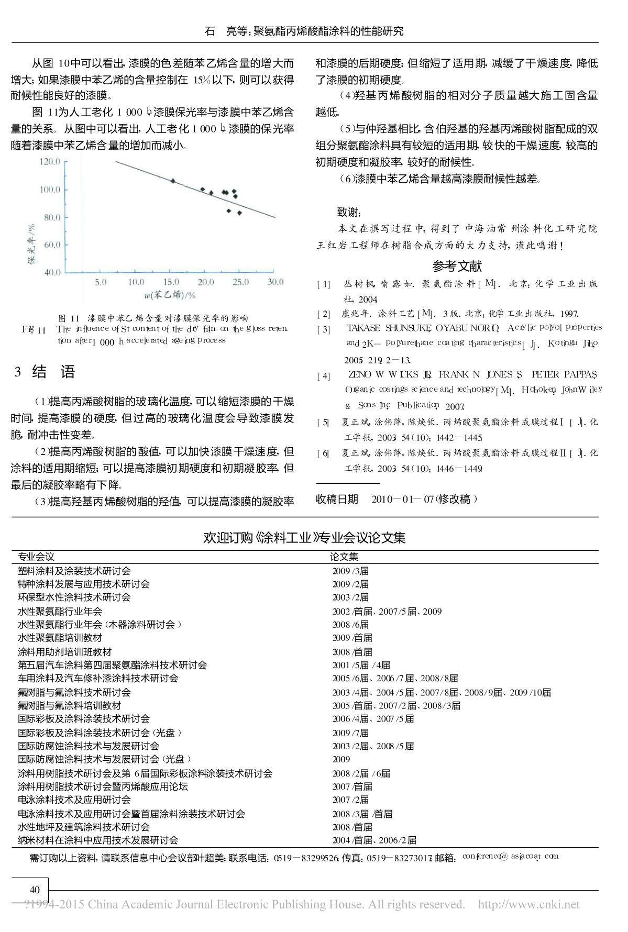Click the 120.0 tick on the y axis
[50, 162]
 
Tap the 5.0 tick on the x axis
[101, 283]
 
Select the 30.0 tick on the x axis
[275, 283]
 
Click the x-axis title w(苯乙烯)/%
[170, 295]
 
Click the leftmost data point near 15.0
[173, 181]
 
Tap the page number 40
[35, 890]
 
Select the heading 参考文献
[457, 267]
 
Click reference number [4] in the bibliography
[323, 376]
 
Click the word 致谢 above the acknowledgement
[349, 212]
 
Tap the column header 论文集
[344, 557]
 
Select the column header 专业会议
[36, 557]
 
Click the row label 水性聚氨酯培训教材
[60, 638]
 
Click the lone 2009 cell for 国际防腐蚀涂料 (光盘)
[341, 759]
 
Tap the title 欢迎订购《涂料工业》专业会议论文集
[304, 538]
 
